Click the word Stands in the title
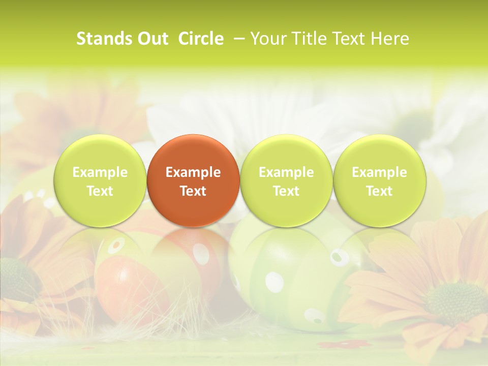(99, 39)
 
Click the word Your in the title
(267, 39)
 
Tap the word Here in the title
(390, 39)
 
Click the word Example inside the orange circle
(193, 172)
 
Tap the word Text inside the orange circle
(193, 191)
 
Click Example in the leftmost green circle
(100, 172)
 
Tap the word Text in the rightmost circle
(379, 191)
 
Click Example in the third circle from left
(286, 172)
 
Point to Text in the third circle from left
(286, 191)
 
